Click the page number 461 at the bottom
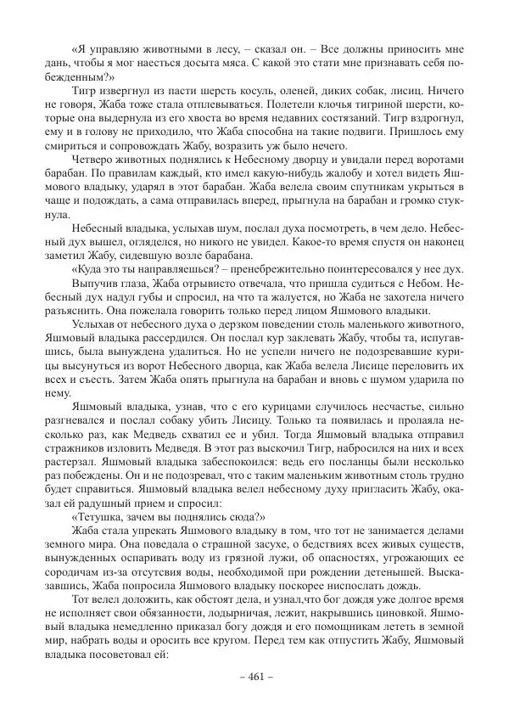(x=254, y=676)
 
